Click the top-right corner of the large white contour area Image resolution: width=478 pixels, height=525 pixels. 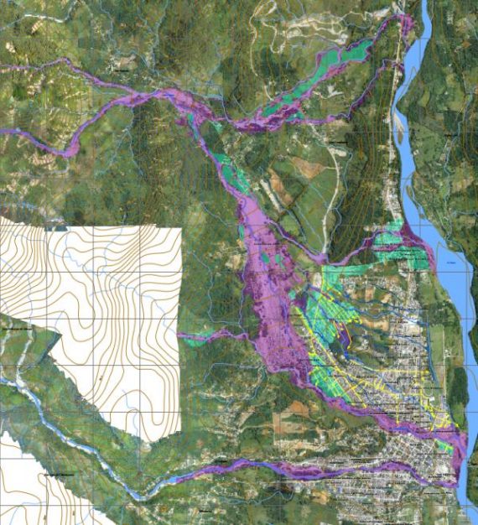coord(180,228)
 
